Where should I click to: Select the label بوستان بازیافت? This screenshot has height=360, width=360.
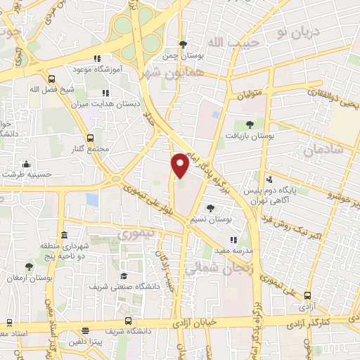coord(250,135)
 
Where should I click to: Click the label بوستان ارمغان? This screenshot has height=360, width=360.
coord(27,279)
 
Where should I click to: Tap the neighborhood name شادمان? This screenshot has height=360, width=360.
coord(323,150)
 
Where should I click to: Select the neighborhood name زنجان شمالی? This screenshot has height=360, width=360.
coord(212,268)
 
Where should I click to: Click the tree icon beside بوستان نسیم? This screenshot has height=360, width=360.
coord(211,208)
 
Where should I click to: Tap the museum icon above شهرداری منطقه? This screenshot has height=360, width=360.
coord(64,234)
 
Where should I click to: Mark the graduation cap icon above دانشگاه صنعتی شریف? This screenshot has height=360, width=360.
coord(123,276)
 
